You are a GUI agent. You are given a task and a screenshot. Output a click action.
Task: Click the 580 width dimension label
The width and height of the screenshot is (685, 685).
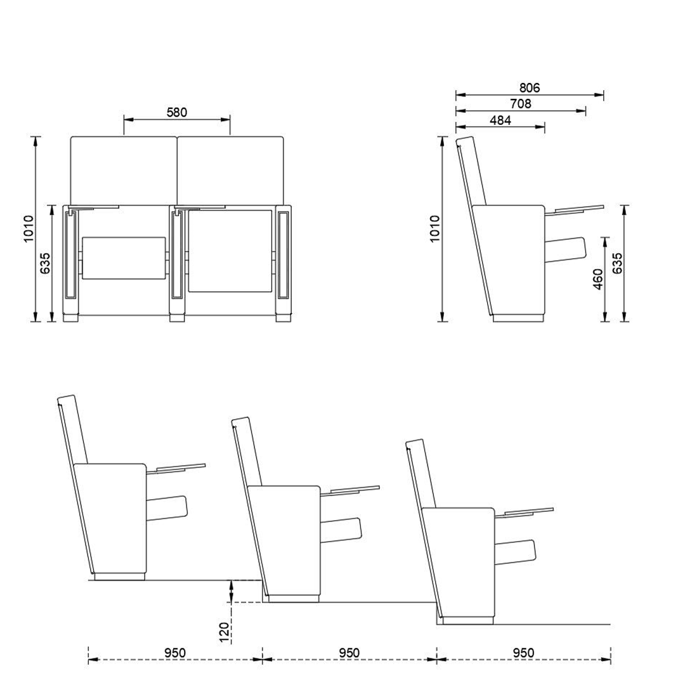pos(177,112)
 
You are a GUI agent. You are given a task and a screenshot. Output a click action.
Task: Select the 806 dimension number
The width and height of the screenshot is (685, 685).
pos(529,88)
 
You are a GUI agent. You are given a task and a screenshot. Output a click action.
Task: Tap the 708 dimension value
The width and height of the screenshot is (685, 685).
pos(520,104)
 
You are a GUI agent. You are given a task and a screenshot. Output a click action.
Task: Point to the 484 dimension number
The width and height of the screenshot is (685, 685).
pos(500,120)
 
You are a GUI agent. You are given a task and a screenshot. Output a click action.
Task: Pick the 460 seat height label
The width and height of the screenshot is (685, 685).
pos(597,279)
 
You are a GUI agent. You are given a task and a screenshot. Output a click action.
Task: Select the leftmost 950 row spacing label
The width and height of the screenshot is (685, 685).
pos(175,653)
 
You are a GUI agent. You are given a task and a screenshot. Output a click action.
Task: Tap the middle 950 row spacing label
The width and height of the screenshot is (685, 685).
pos(349,653)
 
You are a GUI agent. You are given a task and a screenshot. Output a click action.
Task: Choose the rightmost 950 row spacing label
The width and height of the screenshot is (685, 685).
pos(523,653)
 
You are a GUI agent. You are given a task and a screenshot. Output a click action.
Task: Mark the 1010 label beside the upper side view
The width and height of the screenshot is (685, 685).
pos(434,228)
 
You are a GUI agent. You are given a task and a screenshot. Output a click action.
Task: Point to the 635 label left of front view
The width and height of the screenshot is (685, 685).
pos(45,263)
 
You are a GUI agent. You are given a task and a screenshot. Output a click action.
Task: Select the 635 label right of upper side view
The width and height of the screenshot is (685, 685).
pos(617,263)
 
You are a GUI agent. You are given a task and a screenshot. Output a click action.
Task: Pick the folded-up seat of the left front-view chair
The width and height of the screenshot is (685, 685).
pos(124,258)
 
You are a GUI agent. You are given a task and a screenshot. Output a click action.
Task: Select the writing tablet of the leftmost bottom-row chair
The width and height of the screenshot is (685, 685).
pos(181,468)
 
